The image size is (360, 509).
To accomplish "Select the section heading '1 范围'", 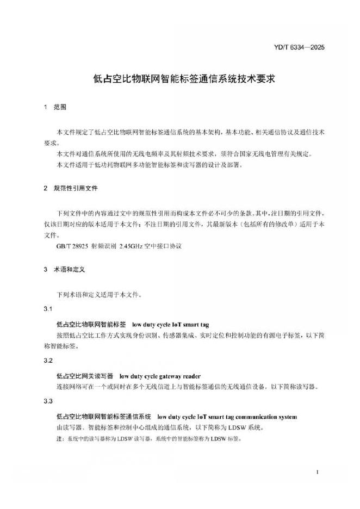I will coord(54,107).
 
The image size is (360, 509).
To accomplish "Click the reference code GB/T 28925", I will coord(72,246).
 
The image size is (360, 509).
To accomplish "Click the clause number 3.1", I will coord(47,309).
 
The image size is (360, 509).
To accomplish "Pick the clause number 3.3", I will coord(47,401).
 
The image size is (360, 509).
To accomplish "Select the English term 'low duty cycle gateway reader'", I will coord(160,376).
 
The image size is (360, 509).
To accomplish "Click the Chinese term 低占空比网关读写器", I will coord(84,376).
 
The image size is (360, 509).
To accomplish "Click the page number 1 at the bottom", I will coord(317,473).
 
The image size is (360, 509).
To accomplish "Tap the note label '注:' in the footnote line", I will coord(60,438).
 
